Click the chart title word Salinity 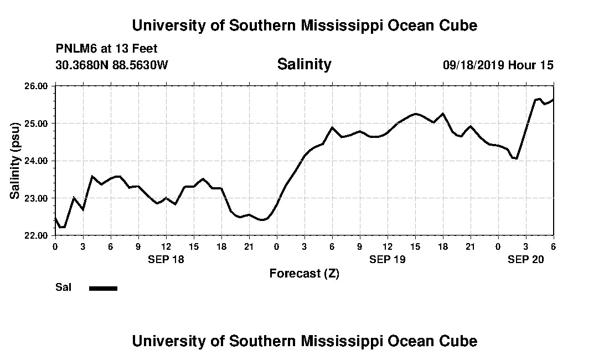[x=304, y=64]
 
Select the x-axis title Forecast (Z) [x=304, y=274]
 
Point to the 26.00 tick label [x=37, y=86]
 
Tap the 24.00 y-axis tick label [x=37, y=161]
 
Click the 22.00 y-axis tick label [x=37, y=235]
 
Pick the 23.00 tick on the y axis [x=37, y=198]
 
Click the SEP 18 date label [x=166, y=259]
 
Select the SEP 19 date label [x=388, y=259]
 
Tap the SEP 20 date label [x=526, y=259]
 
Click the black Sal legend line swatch [x=103, y=288]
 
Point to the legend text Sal [x=62, y=287]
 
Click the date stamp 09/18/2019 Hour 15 [x=498, y=65]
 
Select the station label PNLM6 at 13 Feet [x=106, y=49]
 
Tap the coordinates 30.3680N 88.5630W [x=112, y=65]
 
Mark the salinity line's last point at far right [x=553, y=100]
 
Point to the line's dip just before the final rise [x=516, y=158]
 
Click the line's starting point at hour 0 [x=55, y=218]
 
